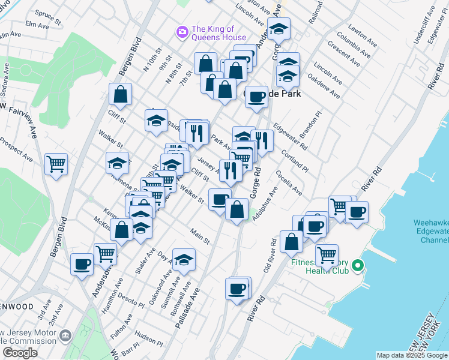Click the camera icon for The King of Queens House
pyautogui.click(x=181, y=31)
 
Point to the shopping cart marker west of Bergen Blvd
pyautogui.click(x=56, y=163)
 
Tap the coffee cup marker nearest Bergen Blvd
pyautogui.click(x=82, y=264)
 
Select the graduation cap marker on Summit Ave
pyautogui.click(x=184, y=259)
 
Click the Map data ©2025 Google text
pyautogui.click(x=411, y=355)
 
